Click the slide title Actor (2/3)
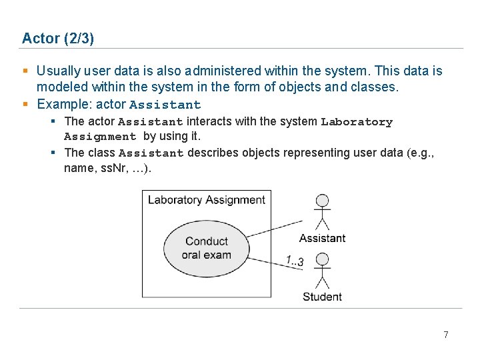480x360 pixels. tap(58, 39)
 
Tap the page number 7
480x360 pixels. tap(446, 335)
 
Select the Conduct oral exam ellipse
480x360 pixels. tap(207, 248)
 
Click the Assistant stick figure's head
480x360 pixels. tap(323, 200)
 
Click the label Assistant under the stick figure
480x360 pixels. tap(322, 238)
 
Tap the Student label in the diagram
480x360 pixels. tap(322, 297)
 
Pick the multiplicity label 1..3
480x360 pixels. tap(294, 261)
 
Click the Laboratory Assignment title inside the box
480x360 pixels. tap(206, 200)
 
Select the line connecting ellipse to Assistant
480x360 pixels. tap(275, 227)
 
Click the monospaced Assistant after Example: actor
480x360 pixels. tap(165, 105)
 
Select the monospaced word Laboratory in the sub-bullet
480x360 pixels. tap(357, 122)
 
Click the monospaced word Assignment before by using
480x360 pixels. tap(100, 137)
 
